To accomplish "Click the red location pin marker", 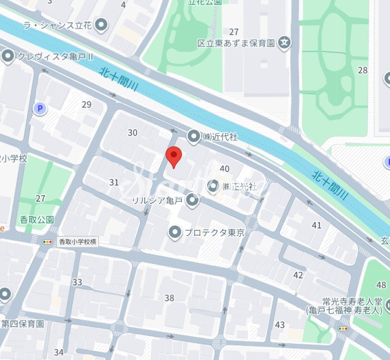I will [x=173, y=156].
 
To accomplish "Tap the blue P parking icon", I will [x=40, y=108].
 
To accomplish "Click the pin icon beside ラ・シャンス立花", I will [x=102, y=24].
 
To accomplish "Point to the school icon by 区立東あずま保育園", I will [x=285, y=43].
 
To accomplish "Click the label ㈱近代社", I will [x=220, y=136].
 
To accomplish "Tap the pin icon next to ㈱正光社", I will [x=213, y=186].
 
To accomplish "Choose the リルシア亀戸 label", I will [x=158, y=200].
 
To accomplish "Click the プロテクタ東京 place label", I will [x=214, y=232].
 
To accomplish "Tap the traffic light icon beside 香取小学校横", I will [x=47, y=242].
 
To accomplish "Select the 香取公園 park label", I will [x=37, y=219].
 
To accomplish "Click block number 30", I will [x=132, y=133].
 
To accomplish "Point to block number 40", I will [x=224, y=169].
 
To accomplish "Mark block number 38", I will [x=170, y=298].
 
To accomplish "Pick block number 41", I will [x=317, y=225].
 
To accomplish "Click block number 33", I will [x=77, y=282].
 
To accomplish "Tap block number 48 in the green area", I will [x=381, y=285].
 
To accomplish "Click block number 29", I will [x=87, y=104].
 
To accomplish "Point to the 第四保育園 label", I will [x=23, y=324].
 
